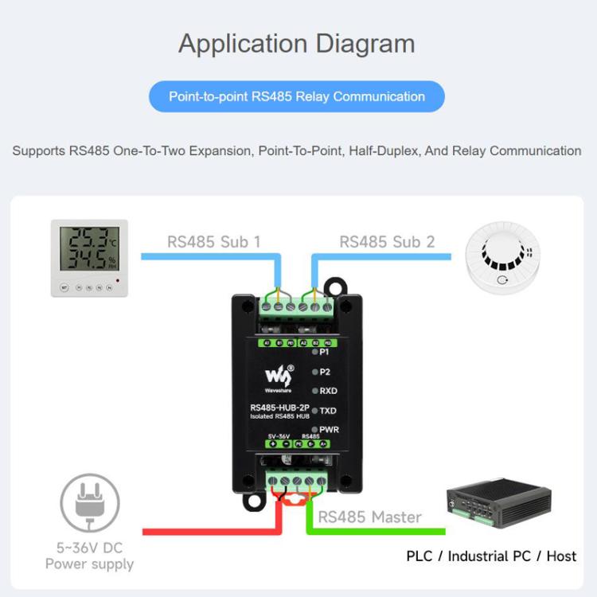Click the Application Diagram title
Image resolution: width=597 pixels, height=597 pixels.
pyautogui.click(x=296, y=43)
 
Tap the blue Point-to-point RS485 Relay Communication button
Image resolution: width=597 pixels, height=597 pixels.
pyautogui.click(x=296, y=97)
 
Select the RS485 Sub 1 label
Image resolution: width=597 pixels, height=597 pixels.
pyautogui.click(x=213, y=241)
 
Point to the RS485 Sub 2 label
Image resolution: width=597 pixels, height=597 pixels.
pyautogui.click(x=387, y=241)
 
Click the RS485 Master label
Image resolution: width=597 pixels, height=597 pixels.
pyautogui.click(x=370, y=517)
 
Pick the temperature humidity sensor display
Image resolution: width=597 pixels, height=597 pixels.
pyautogui.click(x=89, y=258)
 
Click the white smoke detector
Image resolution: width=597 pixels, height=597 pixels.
pyautogui.click(x=503, y=256)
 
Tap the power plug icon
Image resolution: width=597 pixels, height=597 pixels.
pyautogui.click(x=90, y=503)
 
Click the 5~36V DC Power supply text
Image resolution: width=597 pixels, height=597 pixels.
pyautogui.click(x=89, y=556)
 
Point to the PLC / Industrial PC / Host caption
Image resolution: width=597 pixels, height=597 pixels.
pyautogui.click(x=491, y=556)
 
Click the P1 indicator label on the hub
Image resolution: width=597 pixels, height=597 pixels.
pyautogui.click(x=324, y=352)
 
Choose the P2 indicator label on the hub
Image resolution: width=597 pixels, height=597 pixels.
pyautogui.click(x=324, y=372)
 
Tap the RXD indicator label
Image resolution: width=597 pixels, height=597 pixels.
pyautogui.click(x=328, y=391)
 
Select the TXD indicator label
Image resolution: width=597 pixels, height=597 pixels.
pyautogui.click(x=328, y=411)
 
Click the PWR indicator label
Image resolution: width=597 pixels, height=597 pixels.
pyautogui.click(x=329, y=430)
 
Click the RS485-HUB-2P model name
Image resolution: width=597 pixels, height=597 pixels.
pyautogui.click(x=274, y=409)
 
